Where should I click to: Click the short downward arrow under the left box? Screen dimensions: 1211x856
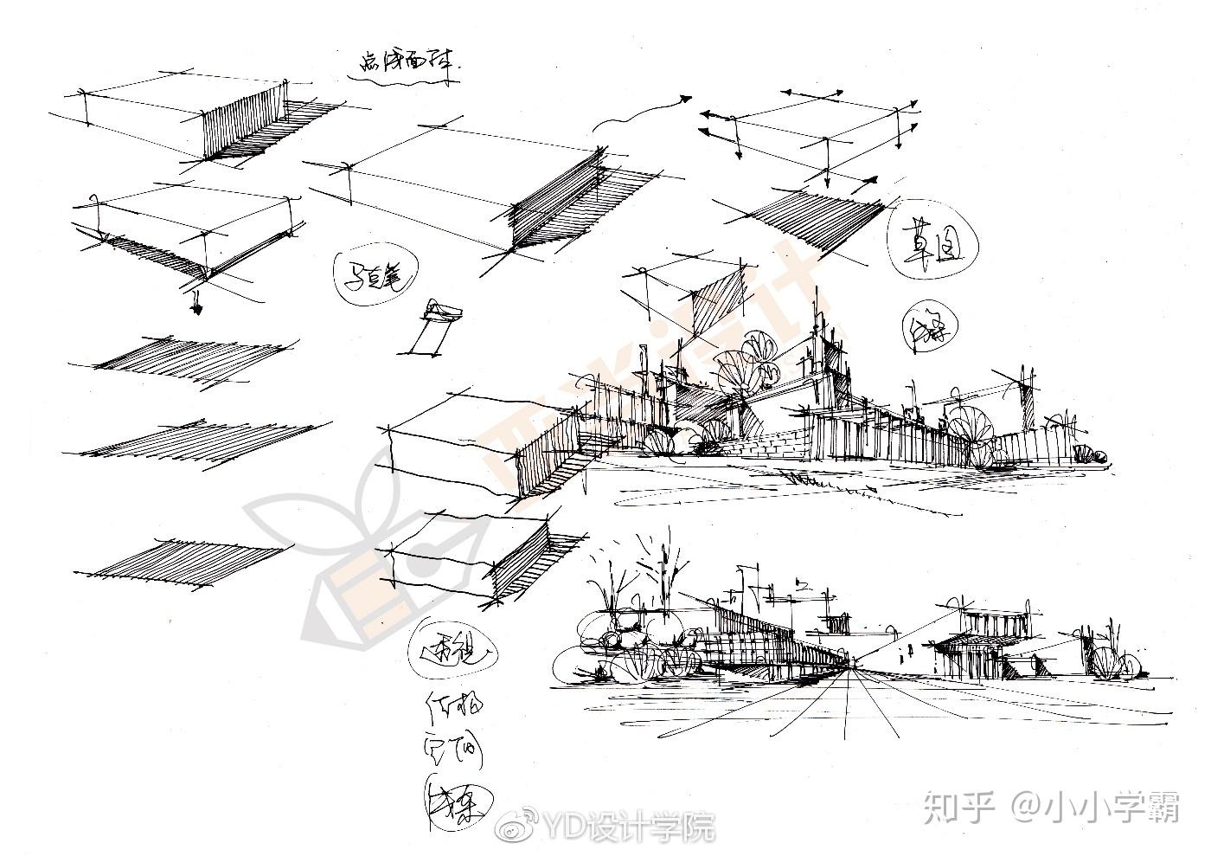[x=197, y=300]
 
